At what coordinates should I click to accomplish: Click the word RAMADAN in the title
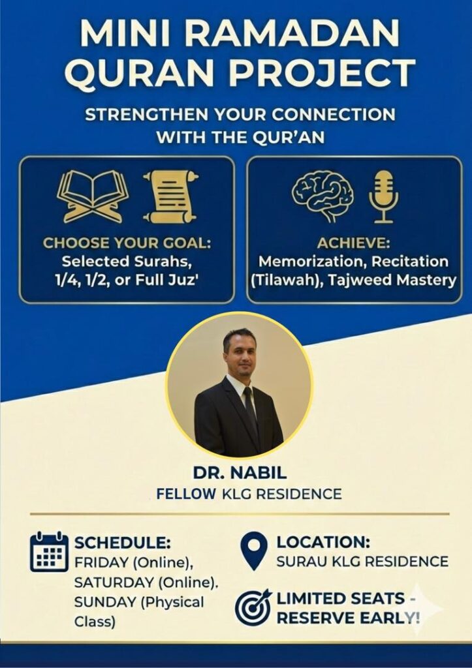pos(292,33)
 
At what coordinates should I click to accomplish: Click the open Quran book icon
pos(93,196)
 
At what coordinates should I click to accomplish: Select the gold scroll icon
pos(170,196)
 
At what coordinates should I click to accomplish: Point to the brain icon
pos(323,196)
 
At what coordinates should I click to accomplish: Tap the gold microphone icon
pos(383,196)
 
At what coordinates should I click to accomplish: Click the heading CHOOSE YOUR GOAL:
pos(127,243)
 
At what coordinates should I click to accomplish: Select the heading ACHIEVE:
pos(353,243)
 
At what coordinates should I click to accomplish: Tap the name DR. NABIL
pos(240,473)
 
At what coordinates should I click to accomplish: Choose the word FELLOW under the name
pos(186,494)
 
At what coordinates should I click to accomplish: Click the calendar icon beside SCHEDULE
pos(49,552)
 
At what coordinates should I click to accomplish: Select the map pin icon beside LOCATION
pos(254,551)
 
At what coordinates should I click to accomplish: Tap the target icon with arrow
pos(253,607)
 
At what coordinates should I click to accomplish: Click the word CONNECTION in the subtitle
pos(334,115)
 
